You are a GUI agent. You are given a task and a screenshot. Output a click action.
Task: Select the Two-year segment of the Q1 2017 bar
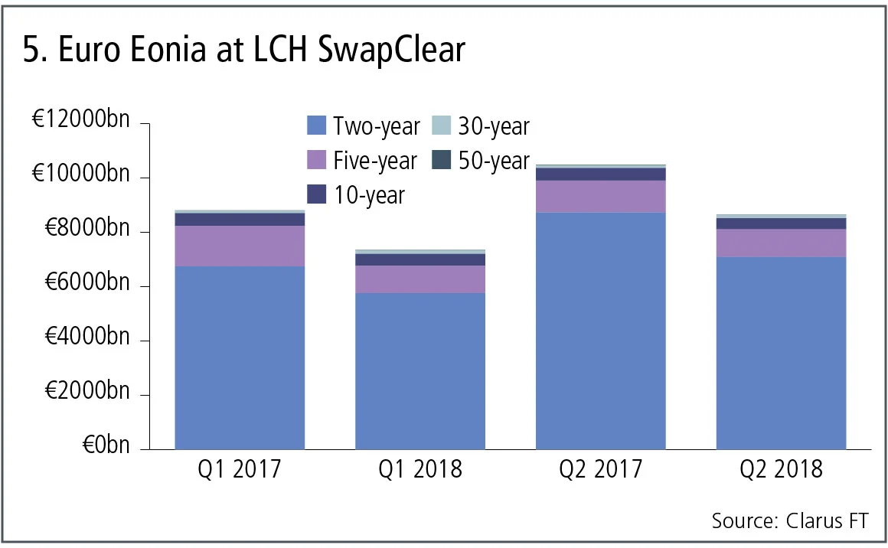click(240, 357)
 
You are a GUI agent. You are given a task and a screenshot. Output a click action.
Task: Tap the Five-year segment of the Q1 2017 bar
click(240, 246)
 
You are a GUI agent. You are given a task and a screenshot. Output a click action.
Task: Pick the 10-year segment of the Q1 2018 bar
click(420, 259)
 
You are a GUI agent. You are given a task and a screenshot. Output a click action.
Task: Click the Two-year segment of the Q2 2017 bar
click(600, 331)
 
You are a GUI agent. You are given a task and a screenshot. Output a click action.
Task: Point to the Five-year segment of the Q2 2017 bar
click(600, 197)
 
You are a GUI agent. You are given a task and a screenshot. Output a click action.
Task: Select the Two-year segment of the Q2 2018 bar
click(781, 353)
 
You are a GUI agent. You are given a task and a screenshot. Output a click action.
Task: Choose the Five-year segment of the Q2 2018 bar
click(781, 243)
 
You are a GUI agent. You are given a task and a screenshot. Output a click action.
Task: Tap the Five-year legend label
click(375, 161)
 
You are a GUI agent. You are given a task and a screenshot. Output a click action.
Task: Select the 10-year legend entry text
click(369, 195)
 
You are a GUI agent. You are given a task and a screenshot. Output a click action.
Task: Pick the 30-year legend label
click(494, 126)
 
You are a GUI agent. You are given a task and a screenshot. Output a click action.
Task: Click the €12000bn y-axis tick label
click(82, 122)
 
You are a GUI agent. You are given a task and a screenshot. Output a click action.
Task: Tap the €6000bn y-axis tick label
click(87, 285)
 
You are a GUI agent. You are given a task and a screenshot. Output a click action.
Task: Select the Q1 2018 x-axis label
click(420, 469)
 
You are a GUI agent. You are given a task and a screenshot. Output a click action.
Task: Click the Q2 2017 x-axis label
click(600, 469)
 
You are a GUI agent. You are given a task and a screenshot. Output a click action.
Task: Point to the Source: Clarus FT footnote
click(790, 521)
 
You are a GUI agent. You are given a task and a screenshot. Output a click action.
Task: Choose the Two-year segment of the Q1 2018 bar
click(420, 370)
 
